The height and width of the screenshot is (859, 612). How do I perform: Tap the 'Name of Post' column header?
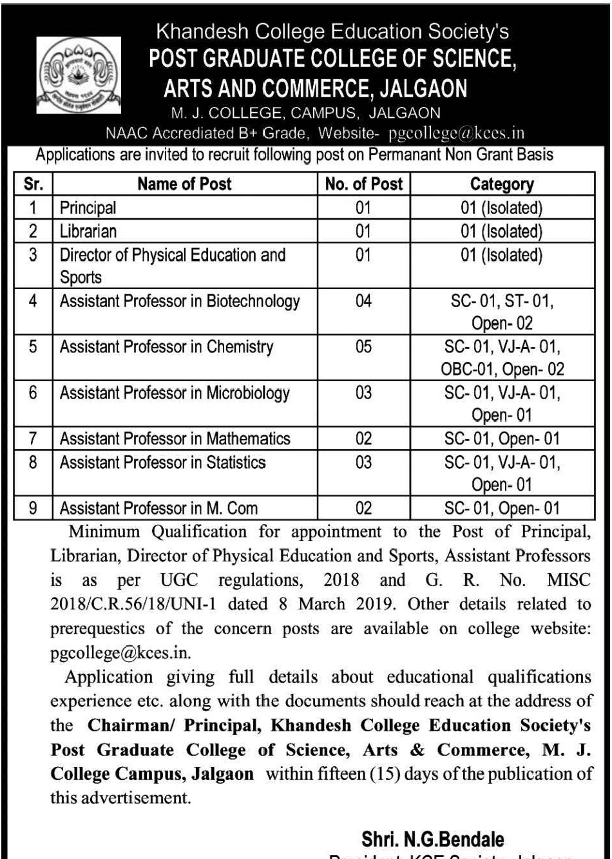coord(185,185)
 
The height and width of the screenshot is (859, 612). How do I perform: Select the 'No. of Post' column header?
coord(364,185)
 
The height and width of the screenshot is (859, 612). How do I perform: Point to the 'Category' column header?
coord(502,185)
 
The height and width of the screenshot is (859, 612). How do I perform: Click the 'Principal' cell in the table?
coord(86,207)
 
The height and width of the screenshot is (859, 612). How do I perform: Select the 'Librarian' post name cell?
coord(86,230)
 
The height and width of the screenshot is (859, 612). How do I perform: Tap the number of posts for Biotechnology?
coord(364,301)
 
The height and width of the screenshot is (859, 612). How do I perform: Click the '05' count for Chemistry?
coord(364,348)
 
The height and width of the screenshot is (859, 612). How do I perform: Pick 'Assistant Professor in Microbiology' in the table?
coord(175,393)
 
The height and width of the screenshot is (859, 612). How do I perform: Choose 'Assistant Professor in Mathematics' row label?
coord(175,439)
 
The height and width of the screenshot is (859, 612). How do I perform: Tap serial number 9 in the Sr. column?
coord(32,509)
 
